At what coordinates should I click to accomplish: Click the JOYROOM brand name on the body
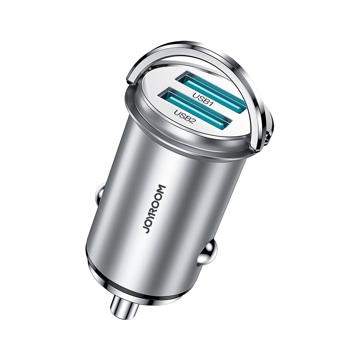(153, 209)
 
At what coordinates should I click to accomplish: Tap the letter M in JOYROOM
(160, 188)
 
